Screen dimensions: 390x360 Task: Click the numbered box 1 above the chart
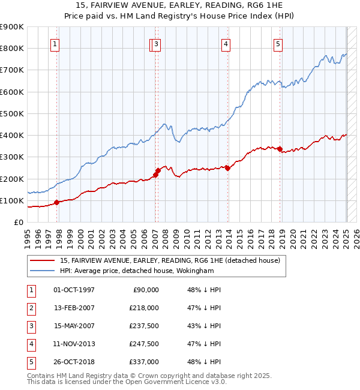[55, 43]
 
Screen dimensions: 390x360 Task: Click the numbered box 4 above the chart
[226, 43]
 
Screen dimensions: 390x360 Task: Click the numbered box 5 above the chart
[278, 43]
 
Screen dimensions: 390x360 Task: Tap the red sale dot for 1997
[56, 202]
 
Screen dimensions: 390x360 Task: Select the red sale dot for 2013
[228, 168]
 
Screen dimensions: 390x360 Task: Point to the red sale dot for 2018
[280, 149]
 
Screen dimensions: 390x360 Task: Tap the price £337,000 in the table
[144, 361]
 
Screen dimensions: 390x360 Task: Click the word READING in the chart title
[207, 4]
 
